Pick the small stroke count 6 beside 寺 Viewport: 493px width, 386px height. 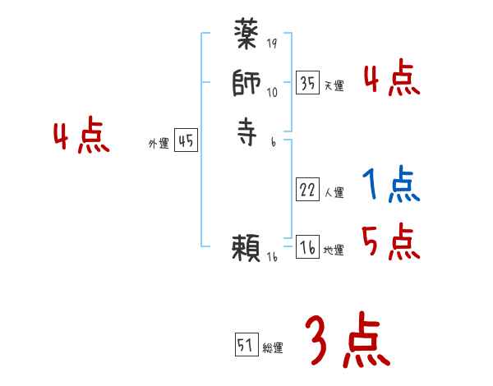[274, 142]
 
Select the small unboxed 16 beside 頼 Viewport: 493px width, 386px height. [273, 258]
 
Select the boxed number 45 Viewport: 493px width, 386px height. [186, 141]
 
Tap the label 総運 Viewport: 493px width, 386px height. [273, 348]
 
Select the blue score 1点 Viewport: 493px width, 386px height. [390, 186]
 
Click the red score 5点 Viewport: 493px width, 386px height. [390, 242]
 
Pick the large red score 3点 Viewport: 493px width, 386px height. [347, 341]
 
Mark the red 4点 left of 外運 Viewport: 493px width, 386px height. [82, 136]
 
